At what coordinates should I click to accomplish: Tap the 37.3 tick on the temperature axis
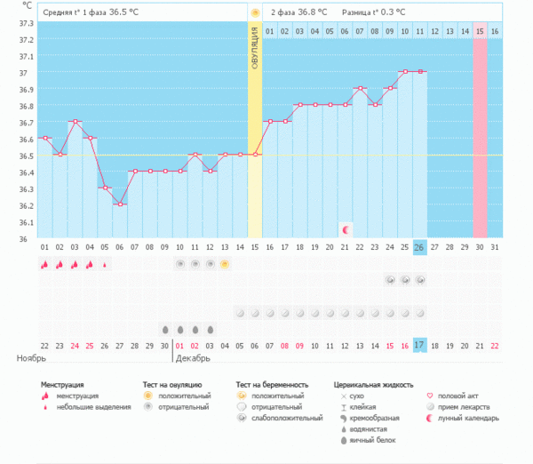[26, 23]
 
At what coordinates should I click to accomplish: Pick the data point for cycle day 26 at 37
[420, 71]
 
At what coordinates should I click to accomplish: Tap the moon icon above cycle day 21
[346, 229]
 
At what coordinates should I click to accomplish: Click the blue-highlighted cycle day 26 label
[420, 246]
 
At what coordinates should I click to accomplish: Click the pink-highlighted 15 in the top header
[480, 31]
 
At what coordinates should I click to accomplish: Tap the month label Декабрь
[194, 358]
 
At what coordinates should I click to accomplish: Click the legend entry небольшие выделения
[89, 406]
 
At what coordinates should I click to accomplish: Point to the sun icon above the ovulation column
[255, 13]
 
